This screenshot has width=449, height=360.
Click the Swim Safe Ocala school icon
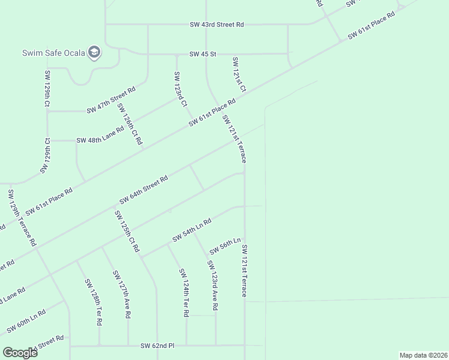(x=94, y=53)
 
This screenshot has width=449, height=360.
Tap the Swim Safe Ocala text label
(x=52, y=53)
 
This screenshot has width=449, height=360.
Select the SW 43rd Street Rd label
(x=217, y=25)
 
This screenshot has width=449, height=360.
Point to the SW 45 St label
(x=202, y=54)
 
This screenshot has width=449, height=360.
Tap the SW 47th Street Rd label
(x=111, y=101)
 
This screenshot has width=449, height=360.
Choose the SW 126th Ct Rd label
(x=129, y=124)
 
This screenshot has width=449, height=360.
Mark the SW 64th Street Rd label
(x=143, y=190)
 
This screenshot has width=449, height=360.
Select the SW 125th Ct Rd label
(x=127, y=231)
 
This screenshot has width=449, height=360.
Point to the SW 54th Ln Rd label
(x=192, y=230)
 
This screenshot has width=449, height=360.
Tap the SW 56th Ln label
(x=225, y=246)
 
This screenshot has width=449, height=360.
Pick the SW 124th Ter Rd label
(x=184, y=292)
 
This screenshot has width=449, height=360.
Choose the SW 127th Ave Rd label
(x=121, y=294)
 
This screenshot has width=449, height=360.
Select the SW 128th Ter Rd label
(x=93, y=302)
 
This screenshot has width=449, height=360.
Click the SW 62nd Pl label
(x=157, y=346)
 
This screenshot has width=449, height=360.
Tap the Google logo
(x=20, y=353)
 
